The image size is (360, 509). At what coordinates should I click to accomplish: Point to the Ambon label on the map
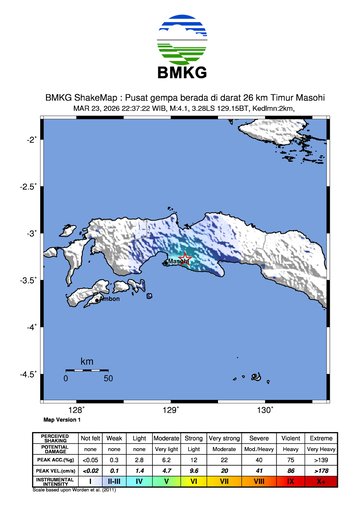109,298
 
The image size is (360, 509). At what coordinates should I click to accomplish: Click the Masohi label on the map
178,262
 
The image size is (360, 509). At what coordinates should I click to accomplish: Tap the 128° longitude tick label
76,409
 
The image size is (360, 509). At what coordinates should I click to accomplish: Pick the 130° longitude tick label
265,409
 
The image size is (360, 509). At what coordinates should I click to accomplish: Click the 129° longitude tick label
171,409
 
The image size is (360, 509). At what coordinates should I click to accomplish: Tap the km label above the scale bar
87,360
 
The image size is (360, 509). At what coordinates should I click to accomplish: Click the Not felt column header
90,438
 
